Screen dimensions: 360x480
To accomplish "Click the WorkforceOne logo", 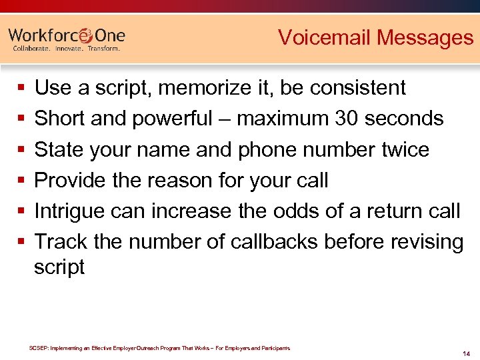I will point(67,35).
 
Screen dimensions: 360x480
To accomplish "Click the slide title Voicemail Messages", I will point(375,37).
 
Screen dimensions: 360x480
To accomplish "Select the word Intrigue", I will point(72,211).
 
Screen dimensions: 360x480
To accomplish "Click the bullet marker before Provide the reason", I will point(22,181).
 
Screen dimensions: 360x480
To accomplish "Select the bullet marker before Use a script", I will point(22,88).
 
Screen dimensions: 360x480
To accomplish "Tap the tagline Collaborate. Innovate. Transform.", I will point(67,49).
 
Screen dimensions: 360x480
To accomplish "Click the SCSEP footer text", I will point(160,348).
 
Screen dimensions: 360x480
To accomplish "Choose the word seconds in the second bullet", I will point(406,119).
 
